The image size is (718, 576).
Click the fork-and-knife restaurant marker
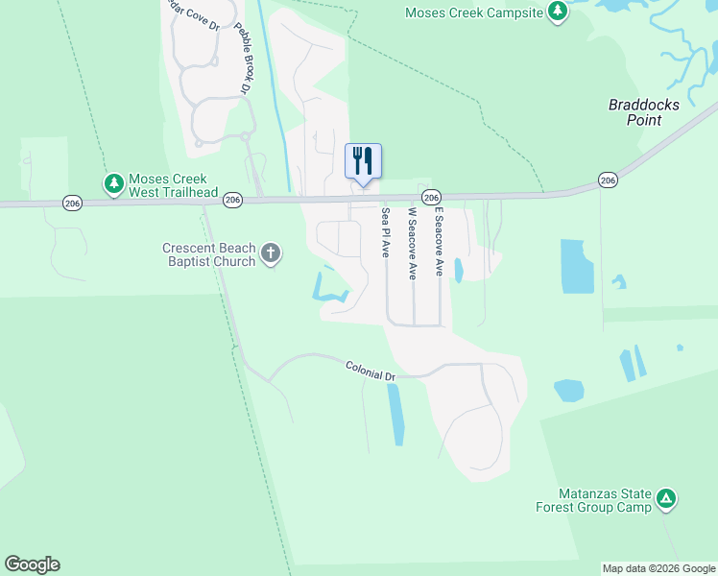pyautogui.click(x=363, y=160)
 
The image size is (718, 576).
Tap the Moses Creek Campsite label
pyautogui.click(x=473, y=12)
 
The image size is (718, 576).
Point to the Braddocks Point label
pyautogui.click(x=635, y=112)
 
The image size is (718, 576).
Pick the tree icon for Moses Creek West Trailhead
pyautogui.click(x=113, y=181)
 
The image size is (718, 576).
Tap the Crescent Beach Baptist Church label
pyautogui.click(x=208, y=254)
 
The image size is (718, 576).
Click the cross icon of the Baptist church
pyautogui.click(x=271, y=253)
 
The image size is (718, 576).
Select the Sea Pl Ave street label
pyautogui.click(x=385, y=233)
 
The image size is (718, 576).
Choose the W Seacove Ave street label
pyautogui.click(x=413, y=243)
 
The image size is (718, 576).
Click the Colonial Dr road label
pyautogui.click(x=371, y=371)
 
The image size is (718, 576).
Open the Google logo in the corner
pyautogui.click(x=32, y=564)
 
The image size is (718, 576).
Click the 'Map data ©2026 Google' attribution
pyautogui.click(x=658, y=568)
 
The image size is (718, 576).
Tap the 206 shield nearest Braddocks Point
pyautogui.click(x=607, y=180)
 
